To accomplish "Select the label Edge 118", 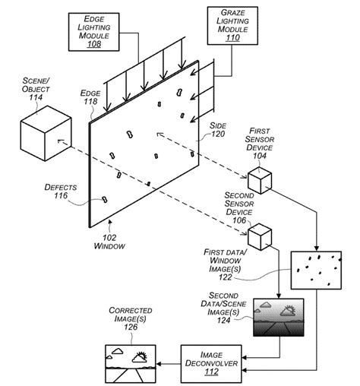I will tap(90, 97).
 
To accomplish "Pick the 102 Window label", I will tap(110, 242).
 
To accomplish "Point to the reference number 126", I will tap(133, 327).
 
